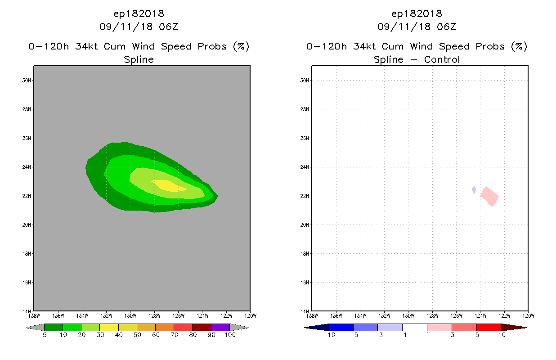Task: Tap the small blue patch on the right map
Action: click(x=474, y=190)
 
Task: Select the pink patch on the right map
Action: click(x=489, y=196)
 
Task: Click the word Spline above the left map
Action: click(x=139, y=59)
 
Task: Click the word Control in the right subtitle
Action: click(x=439, y=59)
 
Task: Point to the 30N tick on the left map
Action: click(x=27, y=80)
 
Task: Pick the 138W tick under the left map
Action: click(x=34, y=315)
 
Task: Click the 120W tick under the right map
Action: click(x=528, y=315)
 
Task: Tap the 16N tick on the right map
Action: click(x=305, y=282)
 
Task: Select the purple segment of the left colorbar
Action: click(x=220, y=327)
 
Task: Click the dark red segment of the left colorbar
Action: click(x=202, y=327)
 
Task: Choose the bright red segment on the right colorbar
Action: click(x=489, y=327)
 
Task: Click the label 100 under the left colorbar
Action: click(x=230, y=335)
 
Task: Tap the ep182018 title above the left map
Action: click(x=139, y=13)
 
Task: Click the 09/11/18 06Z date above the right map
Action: click(x=417, y=27)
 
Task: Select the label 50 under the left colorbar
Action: click(x=137, y=335)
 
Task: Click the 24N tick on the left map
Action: click(x=27, y=167)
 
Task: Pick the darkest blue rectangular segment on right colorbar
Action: click(x=341, y=327)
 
